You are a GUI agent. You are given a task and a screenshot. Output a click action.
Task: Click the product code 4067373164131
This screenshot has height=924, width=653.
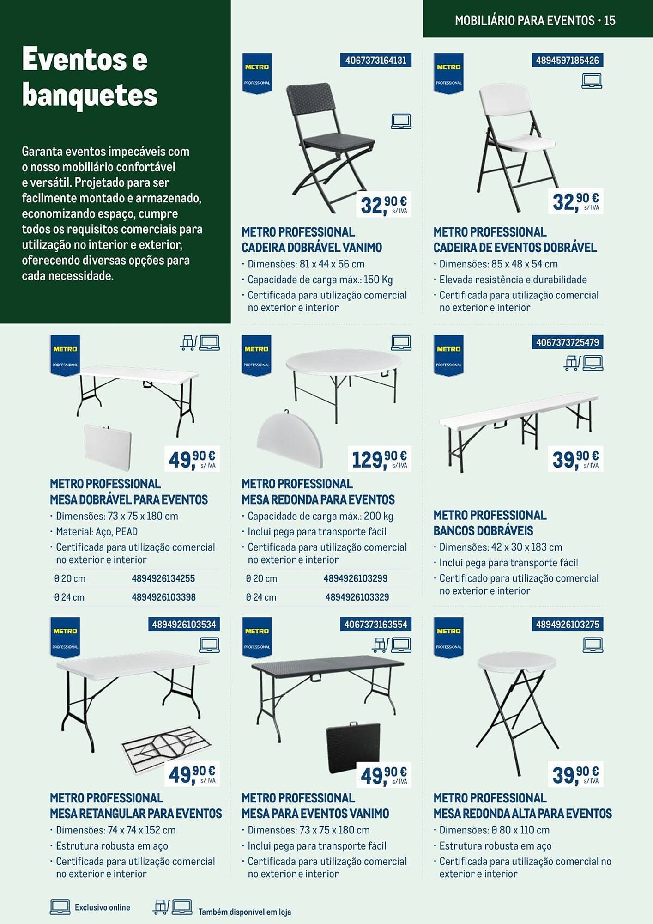click(x=375, y=61)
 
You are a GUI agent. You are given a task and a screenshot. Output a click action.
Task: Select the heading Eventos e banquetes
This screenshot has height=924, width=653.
click(x=90, y=77)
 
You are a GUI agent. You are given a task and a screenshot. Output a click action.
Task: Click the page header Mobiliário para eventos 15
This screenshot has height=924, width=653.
click(x=535, y=20)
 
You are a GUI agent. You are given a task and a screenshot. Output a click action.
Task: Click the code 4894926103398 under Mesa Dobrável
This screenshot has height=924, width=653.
click(x=163, y=597)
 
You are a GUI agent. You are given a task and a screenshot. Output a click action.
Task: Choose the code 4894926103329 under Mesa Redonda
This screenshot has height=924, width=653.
click(x=357, y=597)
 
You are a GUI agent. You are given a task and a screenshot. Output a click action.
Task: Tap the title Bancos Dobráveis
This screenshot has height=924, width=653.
click(x=483, y=531)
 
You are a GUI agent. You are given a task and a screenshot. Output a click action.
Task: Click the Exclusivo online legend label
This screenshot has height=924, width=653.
click(x=102, y=907)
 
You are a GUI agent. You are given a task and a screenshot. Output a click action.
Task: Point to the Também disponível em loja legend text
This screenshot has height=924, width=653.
click(x=245, y=912)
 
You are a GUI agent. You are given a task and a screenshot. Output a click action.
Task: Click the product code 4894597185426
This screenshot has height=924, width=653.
click(x=567, y=61)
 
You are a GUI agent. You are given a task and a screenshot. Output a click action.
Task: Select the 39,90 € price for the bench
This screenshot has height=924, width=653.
click(x=575, y=459)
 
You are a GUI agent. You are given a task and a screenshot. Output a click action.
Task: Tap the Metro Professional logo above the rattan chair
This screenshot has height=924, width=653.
click(x=257, y=73)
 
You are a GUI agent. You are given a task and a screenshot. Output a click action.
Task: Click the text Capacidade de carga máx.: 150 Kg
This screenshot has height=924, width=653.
click(x=320, y=280)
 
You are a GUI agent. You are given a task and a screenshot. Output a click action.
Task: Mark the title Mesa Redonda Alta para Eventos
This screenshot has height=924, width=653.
click(x=522, y=814)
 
